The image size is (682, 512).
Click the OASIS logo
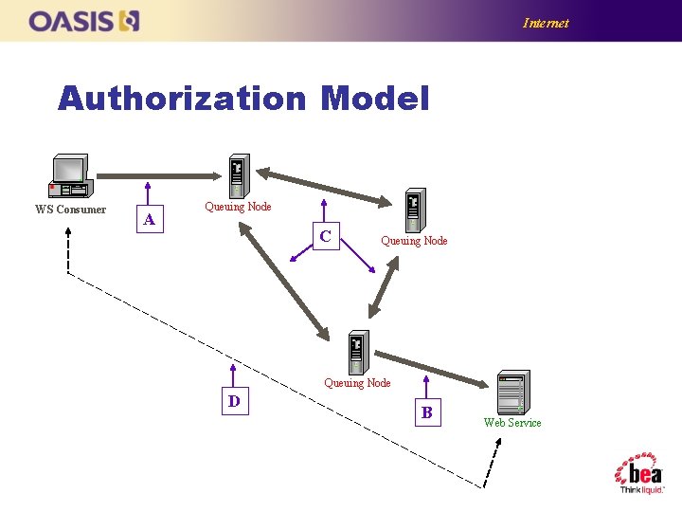tap(84, 21)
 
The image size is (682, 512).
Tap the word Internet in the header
tap(546, 23)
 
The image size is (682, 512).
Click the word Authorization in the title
tap(181, 99)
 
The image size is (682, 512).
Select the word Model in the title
tap(375, 99)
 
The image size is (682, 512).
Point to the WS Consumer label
tap(70, 210)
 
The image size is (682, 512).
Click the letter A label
tap(149, 221)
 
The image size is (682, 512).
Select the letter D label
tap(233, 401)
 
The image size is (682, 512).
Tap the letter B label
tap(427, 412)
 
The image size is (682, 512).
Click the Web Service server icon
tap(512, 391)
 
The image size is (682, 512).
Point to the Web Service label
tap(512, 423)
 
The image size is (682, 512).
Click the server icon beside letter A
tap(237, 176)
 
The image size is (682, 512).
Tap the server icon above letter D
tap(357, 353)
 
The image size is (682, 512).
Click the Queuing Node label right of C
tap(414, 241)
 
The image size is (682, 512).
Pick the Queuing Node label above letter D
tap(357, 383)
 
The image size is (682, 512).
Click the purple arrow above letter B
tap(427, 387)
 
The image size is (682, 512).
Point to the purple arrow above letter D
tap(233, 375)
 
